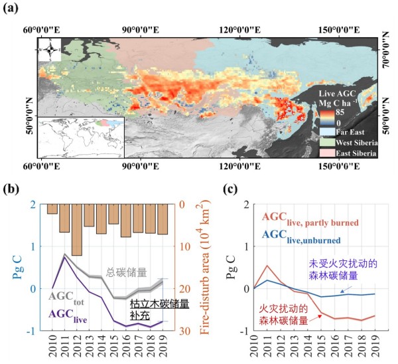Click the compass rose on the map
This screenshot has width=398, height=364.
(49, 50)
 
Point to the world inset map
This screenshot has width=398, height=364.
(80, 137)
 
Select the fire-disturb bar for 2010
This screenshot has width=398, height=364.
(52, 209)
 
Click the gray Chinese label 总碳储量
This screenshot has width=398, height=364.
(127, 272)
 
